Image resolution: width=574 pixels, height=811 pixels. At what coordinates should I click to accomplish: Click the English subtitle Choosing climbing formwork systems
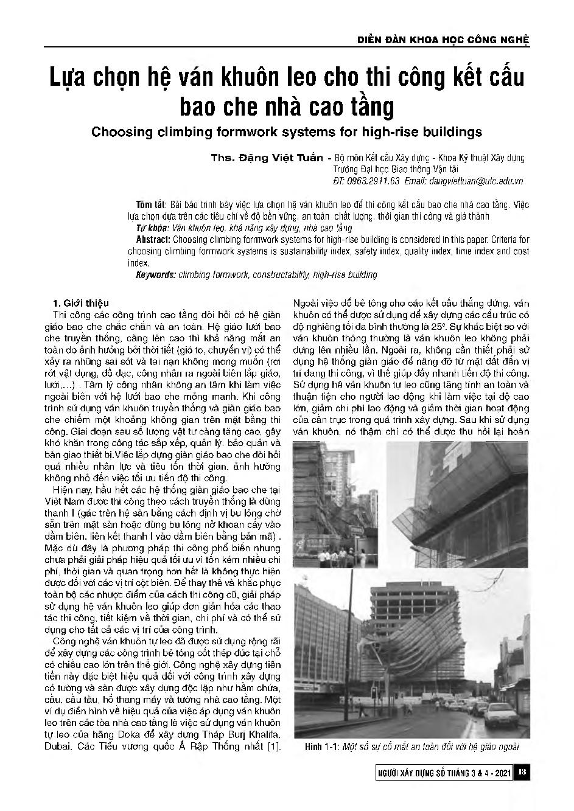pyautogui.click(x=286, y=131)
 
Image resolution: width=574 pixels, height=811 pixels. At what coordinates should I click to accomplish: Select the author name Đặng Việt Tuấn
pyautogui.click(x=287, y=158)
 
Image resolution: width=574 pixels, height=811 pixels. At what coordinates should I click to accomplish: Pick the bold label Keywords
pyautogui.click(x=156, y=275)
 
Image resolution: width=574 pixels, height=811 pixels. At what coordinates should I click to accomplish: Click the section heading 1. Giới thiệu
pyautogui.click(x=81, y=303)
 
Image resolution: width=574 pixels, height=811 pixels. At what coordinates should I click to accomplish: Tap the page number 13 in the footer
pyautogui.click(x=522, y=772)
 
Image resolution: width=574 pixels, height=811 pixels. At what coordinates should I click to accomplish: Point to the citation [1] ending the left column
pyautogui.click(x=274, y=746)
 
